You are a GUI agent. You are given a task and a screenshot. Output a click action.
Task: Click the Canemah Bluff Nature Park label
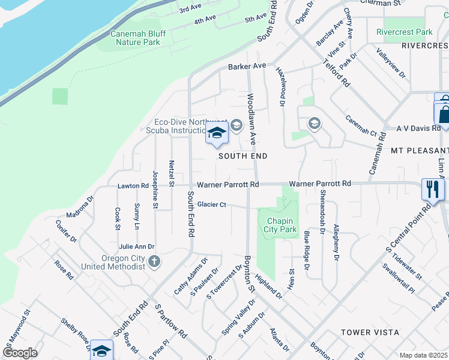click(x=137, y=38)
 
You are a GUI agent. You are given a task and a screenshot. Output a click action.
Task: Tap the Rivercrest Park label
click(x=404, y=32)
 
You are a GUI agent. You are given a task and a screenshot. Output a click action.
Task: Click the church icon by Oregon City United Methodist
click(x=154, y=261)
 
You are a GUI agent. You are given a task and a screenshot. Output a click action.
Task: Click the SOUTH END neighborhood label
click(x=243, y=155)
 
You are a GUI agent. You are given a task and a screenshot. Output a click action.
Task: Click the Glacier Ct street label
click(x=214, y=205)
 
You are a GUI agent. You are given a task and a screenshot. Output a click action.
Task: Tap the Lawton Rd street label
click(x=133, y=186)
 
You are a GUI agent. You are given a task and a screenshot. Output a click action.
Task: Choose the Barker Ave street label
click(x=246, y=66)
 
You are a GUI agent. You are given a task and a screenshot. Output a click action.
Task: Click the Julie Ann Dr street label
click(x=136, y=247)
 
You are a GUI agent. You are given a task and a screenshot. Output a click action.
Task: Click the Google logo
click(x=20, y=353)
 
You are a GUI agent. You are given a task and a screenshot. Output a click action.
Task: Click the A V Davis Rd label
click(x=418, y=128)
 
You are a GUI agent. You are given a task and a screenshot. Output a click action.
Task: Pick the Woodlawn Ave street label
click(x=252, y=119)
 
